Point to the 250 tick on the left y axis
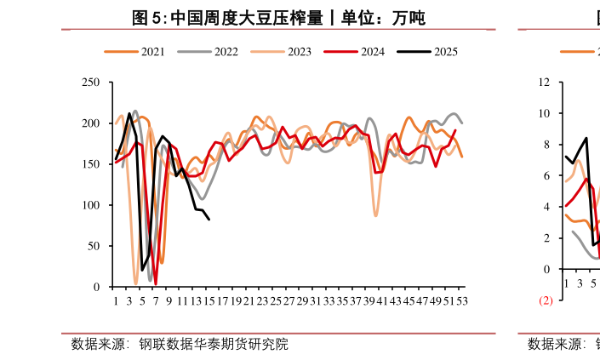click(91, 83)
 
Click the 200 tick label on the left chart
click(91, 123)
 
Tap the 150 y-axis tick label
click(91, 164)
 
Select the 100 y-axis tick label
click(91, 205)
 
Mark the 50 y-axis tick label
click(94, 246)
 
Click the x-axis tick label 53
click(461, 300)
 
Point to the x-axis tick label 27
click(289, 300)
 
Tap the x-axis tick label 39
click(369, 300)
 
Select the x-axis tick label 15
click(209, 300)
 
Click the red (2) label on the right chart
click(546, 300)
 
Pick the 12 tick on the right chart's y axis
click(545, 83)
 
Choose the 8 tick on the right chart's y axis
click(547, 145)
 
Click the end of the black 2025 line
click(209, 220)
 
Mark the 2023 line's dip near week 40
click(375, 215)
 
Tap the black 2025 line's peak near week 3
click(129, 113)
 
